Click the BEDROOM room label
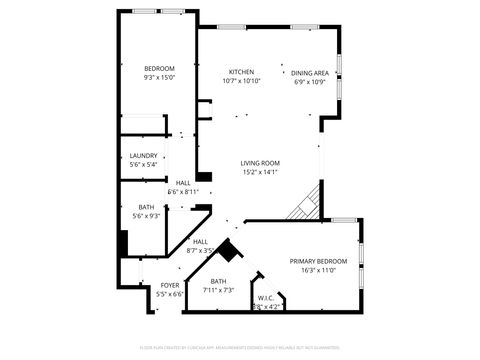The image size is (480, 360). pyautogui.click(x=159, y=68)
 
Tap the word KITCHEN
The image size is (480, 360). pyautogui.click(x=241, y=72)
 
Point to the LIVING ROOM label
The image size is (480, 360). pyautogui.click(x=260, y=163)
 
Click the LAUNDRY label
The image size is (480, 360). pyautogui.click(x=143, y=155)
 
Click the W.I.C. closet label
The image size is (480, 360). pyautogui.click(x=266, y=297)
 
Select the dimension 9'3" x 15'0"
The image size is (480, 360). pyautogui.click(x=159, y=77)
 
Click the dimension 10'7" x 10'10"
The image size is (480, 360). pyautogui.click(x=241, y=81)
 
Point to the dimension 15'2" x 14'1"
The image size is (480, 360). pyautogui.click(x=260, y=172)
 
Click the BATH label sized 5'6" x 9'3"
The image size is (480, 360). pyautogui.click(x=146, y=207)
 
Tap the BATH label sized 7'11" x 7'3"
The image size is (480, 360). pyautogui.click(x=218, y=281)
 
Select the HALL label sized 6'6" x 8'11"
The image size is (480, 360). pyautogui.click(x=183, y=183)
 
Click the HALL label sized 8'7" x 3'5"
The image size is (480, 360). pyautogui.click(x=200, y=241)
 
